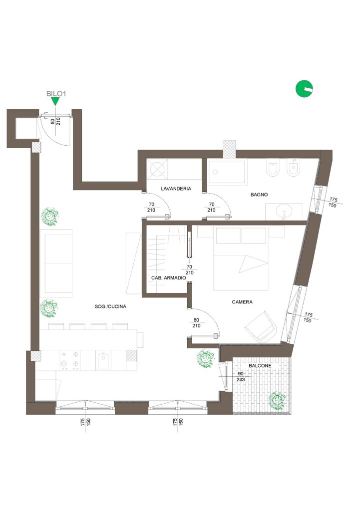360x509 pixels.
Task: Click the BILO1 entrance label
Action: [x=56, y=93]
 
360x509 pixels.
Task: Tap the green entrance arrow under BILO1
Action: [x=55, y=102]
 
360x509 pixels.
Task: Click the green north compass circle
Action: [x=304, y=88]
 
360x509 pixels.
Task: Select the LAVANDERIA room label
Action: [x=176, y=188]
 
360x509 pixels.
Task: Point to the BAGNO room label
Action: [x=259, y=195]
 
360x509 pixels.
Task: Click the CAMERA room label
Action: [x=242, y=302]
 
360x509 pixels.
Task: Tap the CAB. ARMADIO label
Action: [x=169, y=278]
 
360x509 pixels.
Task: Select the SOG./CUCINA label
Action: [x=110, y=306]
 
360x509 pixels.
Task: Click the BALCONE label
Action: [x=260, y=365]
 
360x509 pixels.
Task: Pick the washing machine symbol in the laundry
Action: [x=157, y=169]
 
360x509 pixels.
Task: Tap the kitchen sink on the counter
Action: [x=103, y=360]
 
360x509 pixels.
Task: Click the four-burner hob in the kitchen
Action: [x=70, y=360]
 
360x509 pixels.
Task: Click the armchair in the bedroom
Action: [x=262, y=326]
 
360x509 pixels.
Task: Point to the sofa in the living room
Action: [x=56, y=263]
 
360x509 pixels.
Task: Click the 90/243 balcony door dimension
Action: [x=241, y=377]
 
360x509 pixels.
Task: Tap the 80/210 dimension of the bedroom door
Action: [x=196, y=323]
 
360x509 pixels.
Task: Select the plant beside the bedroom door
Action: [x=205, y=358]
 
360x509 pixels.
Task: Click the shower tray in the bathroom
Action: [x=227, y=172]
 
